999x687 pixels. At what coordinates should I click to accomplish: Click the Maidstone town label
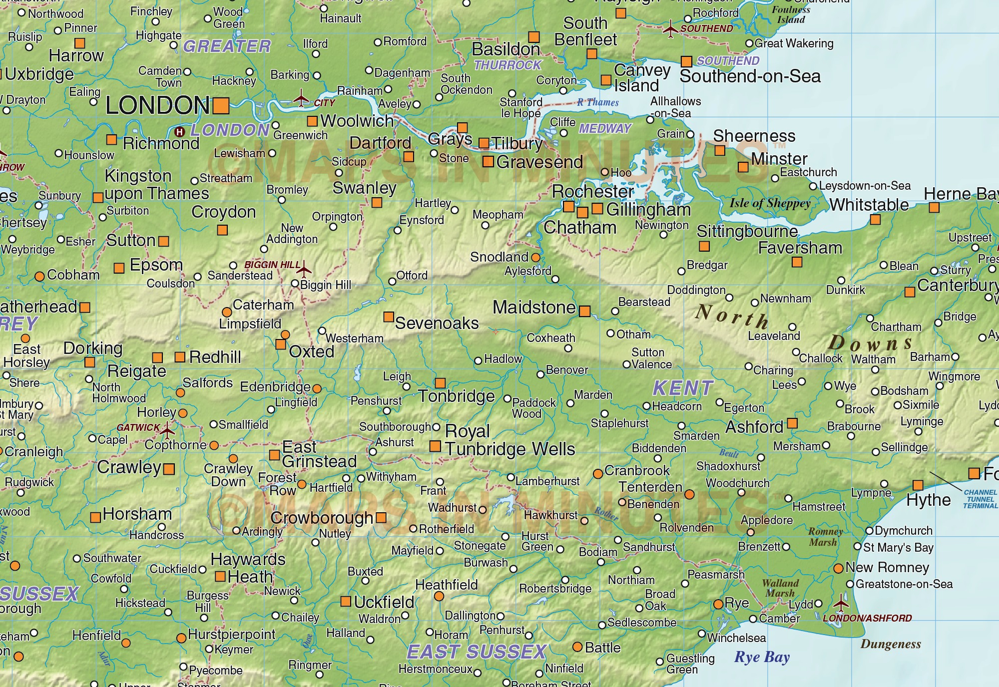pyautogui.click(x=534, y=307)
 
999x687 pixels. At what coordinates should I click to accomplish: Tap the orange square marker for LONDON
pyautogui.click(x=221, y=106)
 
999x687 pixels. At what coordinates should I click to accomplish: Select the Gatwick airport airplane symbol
pyautogui.click(x=167, y=429)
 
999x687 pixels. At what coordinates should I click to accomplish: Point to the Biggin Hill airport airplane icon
pyautogui.click(x=303, y=270)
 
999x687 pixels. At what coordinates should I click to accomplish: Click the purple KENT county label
pyautogui.click(x=683, y=388)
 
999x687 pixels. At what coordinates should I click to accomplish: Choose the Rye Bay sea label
pyautogui.click(x=762, y=657)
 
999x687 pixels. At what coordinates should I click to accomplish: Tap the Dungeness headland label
pyautogui.click(x=891, y=644)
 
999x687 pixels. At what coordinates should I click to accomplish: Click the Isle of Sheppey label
pyautogui.click(x=770, y=203)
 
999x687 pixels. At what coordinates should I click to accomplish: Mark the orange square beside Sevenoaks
pyautogui.click(x=388, y=317)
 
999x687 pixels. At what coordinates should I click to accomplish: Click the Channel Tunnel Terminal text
pyautogui.click(x=980, y=499)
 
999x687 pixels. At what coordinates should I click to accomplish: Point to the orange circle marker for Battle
pyautogui.click(x=577, y=647)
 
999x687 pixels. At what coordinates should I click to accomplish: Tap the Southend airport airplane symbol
pyautogui.click(x=670, y=29)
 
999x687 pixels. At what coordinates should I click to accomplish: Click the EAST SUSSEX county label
pyautogui.click(x=477, y=652)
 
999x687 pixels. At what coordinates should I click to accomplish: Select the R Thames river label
pyautogui.click(x=598, y=102)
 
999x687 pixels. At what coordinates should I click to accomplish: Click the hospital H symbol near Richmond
pyautogui.click(x=180, y=132)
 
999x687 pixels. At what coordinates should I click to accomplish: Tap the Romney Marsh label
pyautogui.click(x=825, y=537)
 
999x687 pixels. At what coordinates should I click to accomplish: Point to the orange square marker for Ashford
pyautogui.click(x=792, y=423)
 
